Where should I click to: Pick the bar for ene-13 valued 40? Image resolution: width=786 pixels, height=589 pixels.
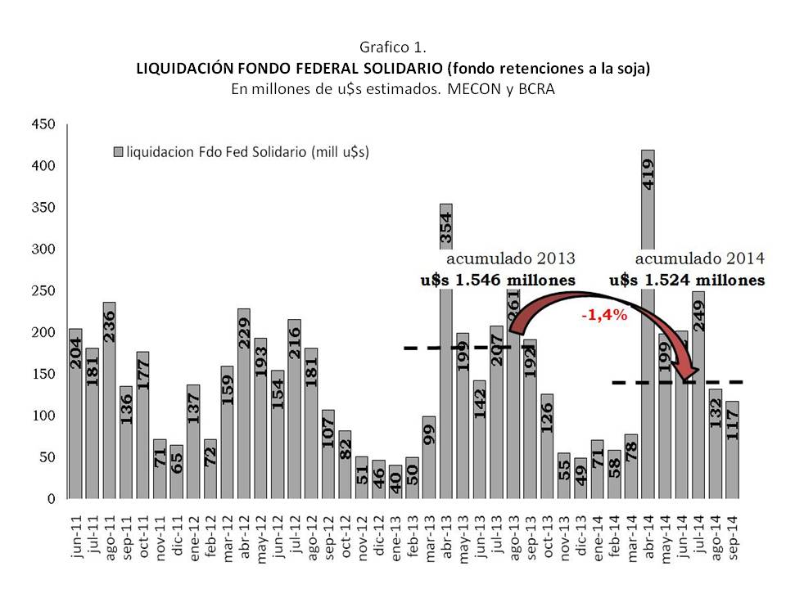395,482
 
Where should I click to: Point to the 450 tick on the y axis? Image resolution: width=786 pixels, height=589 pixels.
43,124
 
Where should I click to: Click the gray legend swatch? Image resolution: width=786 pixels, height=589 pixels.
117,152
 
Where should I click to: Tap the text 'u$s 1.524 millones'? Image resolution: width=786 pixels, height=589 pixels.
693,280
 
